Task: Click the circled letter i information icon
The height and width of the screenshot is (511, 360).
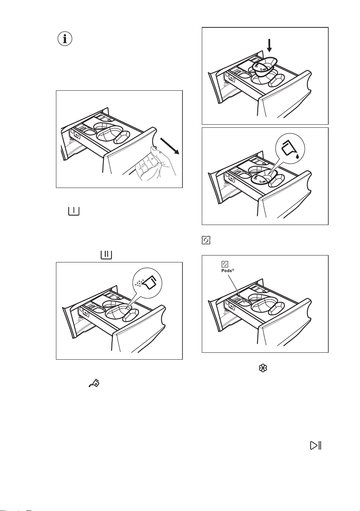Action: pyautogui.click(x=64, y=39)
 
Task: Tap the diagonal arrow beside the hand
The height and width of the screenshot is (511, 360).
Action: pyautogui.click(x=169, y=146)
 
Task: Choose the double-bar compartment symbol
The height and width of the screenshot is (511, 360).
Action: pyautogui.click(x=106, y=255)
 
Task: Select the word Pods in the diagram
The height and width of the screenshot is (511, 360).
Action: pyautogui.click(x=226, y=271)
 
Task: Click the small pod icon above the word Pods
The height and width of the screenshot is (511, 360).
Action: pyautogui.click(x=225, y=264)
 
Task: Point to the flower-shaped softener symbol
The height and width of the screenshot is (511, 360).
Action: pyautogui.click(x=263, y=368)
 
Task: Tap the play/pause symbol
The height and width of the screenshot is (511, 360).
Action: pyautogui.click(x=316, y=445)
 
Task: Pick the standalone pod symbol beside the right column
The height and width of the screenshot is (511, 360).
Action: pyautogui.click(x=206, y=240)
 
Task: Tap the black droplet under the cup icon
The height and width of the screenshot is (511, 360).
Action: pyautogui.click(x=297, y=156)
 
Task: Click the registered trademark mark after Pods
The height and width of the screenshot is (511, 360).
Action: pyautogui.click(x=233, y=270)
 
